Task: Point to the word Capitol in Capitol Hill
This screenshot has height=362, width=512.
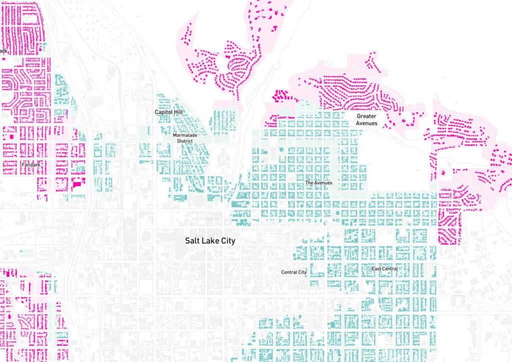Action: coord(162,113)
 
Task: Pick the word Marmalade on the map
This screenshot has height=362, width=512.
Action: coord(182,135)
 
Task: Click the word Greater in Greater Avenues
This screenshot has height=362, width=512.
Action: coord(366,116)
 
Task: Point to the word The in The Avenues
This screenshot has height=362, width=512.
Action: coord(309,183)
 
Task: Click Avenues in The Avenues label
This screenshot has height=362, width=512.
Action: coord(323,183)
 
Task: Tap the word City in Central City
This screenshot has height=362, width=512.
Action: coord(302,272)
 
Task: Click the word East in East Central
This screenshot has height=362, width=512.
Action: coord(376,269)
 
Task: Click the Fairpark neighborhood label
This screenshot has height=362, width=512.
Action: coord(30,164)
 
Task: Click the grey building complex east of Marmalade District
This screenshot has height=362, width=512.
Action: coord(223,159)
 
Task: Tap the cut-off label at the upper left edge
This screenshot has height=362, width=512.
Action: coord(3,50)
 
